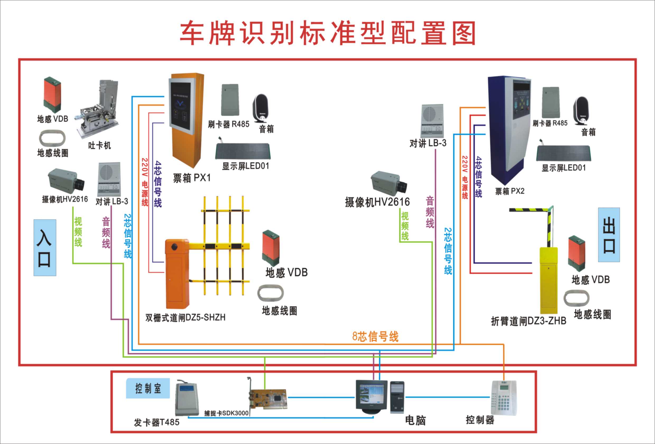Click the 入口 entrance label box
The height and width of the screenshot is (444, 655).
[x=45, y=247]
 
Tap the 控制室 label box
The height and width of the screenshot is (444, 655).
[x=148, y=388]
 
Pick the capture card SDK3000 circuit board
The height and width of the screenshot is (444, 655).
[x=268, y=399]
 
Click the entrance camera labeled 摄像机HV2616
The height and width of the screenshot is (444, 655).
[x=66, y=180]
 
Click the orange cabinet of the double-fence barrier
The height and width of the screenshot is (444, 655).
[x=177, y=273]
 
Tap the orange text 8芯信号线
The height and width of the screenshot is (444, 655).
[x=375, y=337]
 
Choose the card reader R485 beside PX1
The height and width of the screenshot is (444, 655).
[x=230, y=100]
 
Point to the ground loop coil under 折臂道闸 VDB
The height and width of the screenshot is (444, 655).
[x=576, y=298]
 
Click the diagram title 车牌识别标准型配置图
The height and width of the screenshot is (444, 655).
[x=328, y=33]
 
